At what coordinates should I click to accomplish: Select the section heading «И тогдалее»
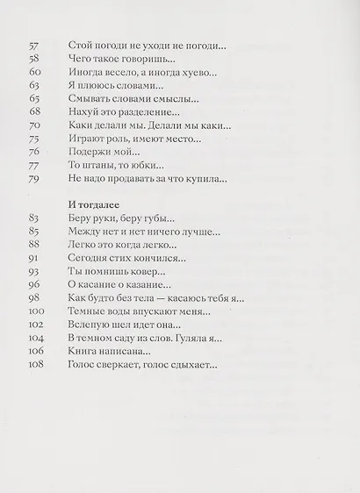pos(98,205)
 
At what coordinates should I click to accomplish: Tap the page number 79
pos(34,180)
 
